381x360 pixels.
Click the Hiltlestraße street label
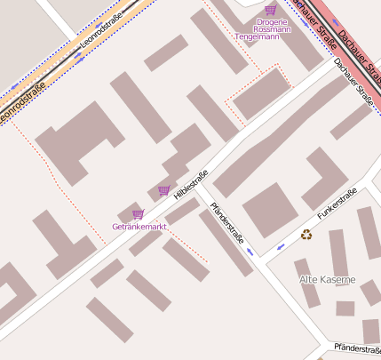pos(191,184)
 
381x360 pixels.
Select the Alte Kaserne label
pos(327,279)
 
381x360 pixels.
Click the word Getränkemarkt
pos(139,227)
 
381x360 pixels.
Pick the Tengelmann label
pos(258,37)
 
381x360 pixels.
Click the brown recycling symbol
pos(306,235)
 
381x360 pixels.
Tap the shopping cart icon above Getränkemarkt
pos(138,214)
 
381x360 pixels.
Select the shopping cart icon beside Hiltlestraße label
pos(163,190)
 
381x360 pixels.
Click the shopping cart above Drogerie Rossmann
pos(270,10)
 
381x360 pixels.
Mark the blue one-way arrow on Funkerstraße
pos(281,245)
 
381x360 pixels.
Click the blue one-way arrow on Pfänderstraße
pos(250,252)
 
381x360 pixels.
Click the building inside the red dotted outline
pos(260,92)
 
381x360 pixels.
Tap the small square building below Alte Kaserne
pos(345,308)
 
